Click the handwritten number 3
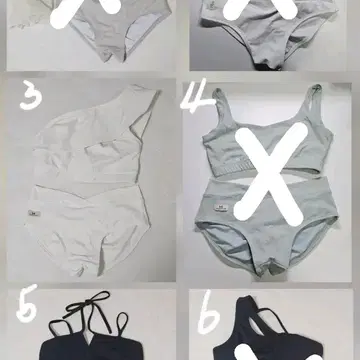tap(31, 97)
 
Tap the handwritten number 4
tap(197, 99)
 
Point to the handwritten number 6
tap(208, 312)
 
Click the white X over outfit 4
tap(271, 173)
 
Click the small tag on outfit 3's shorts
tap(34, 212)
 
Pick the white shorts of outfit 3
tap(88, 227)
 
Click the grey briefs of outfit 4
tap(267, 223)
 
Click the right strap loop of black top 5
tap(122, 324)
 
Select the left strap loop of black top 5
tap(62, 328)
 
